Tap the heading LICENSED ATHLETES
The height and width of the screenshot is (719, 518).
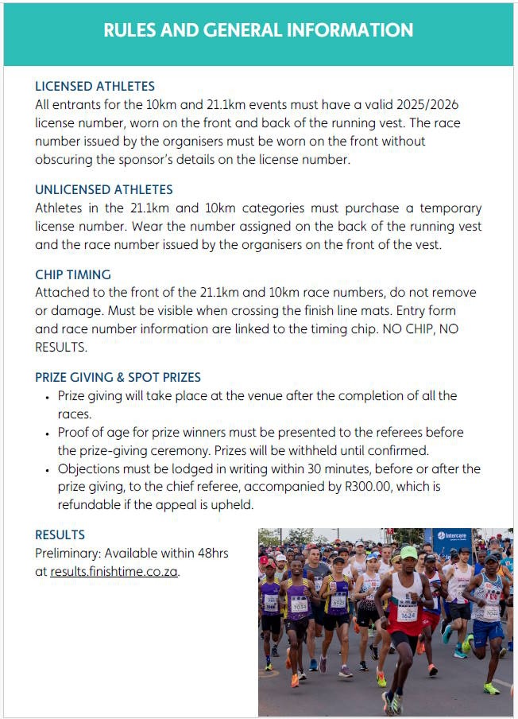point(95,86)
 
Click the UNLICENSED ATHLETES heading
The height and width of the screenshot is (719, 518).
point(103,190)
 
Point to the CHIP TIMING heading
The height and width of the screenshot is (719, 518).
point(72,275)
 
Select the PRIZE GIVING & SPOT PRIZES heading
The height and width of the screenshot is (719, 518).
point(118,377)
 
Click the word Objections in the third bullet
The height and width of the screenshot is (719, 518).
point(88,468)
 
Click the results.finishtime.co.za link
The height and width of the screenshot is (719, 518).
point(114,571)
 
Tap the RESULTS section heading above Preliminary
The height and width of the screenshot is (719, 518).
point(60,534)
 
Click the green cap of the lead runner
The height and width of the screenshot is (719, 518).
point(408,552)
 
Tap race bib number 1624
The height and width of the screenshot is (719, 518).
point(407,615)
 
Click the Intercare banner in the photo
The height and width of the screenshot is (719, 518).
point(452,538)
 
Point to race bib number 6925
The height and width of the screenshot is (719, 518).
point(338,602)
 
